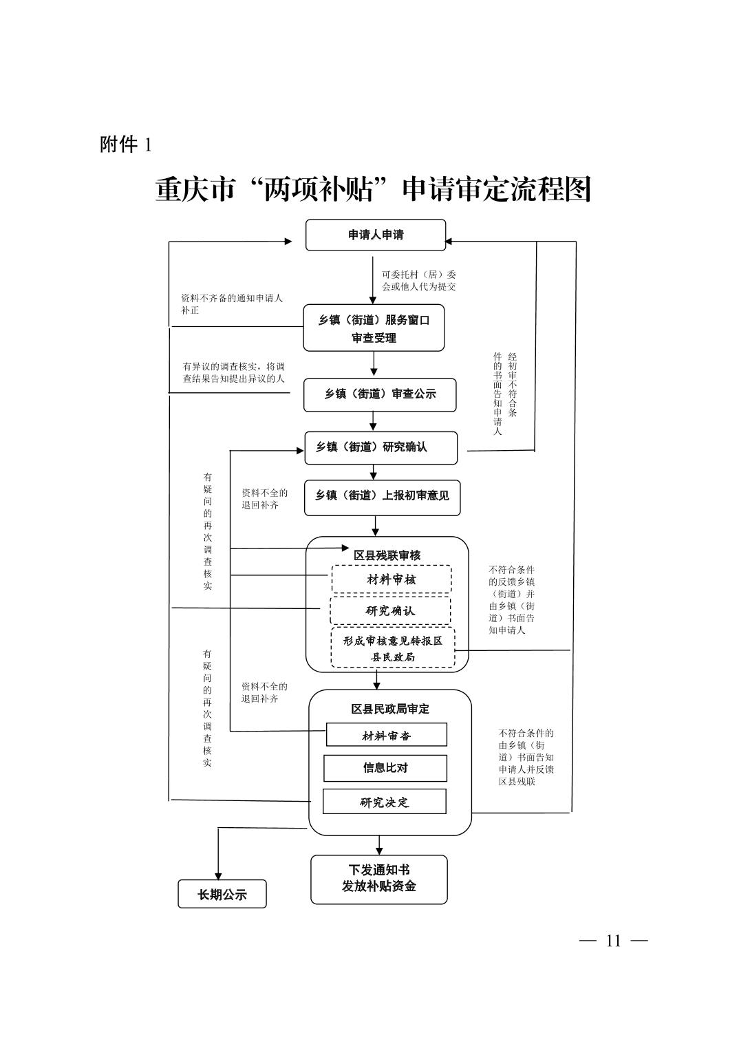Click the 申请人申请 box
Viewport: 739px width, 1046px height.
[x=375, y=235]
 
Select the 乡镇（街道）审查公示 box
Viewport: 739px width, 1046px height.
[x=380, y=395]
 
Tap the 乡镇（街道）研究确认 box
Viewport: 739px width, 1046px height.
[x=381, y=448]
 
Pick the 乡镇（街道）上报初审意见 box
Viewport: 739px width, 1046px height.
[x=382, y=498]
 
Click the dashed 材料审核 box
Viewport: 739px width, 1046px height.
[x=392, y=579]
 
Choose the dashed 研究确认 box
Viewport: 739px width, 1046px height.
[x=390, y=611]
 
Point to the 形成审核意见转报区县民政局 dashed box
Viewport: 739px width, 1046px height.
[x=393, y=648]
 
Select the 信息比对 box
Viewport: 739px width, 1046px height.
[x=385, y=768]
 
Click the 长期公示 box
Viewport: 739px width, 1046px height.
[x=222, y=894]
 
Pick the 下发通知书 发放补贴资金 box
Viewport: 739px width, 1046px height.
[x=379, y=879]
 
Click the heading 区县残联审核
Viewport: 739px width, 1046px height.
[x=387, y=555]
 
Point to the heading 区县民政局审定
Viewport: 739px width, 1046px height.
[x=390, y=709]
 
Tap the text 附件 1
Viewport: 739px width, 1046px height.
[x=126, y=145]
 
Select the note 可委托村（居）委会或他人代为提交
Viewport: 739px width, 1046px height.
[x=419, y=281]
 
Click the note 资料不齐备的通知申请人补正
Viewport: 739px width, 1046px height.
[x=232, y=304]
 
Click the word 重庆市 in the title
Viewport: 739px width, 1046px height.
[x=195, y=190]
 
